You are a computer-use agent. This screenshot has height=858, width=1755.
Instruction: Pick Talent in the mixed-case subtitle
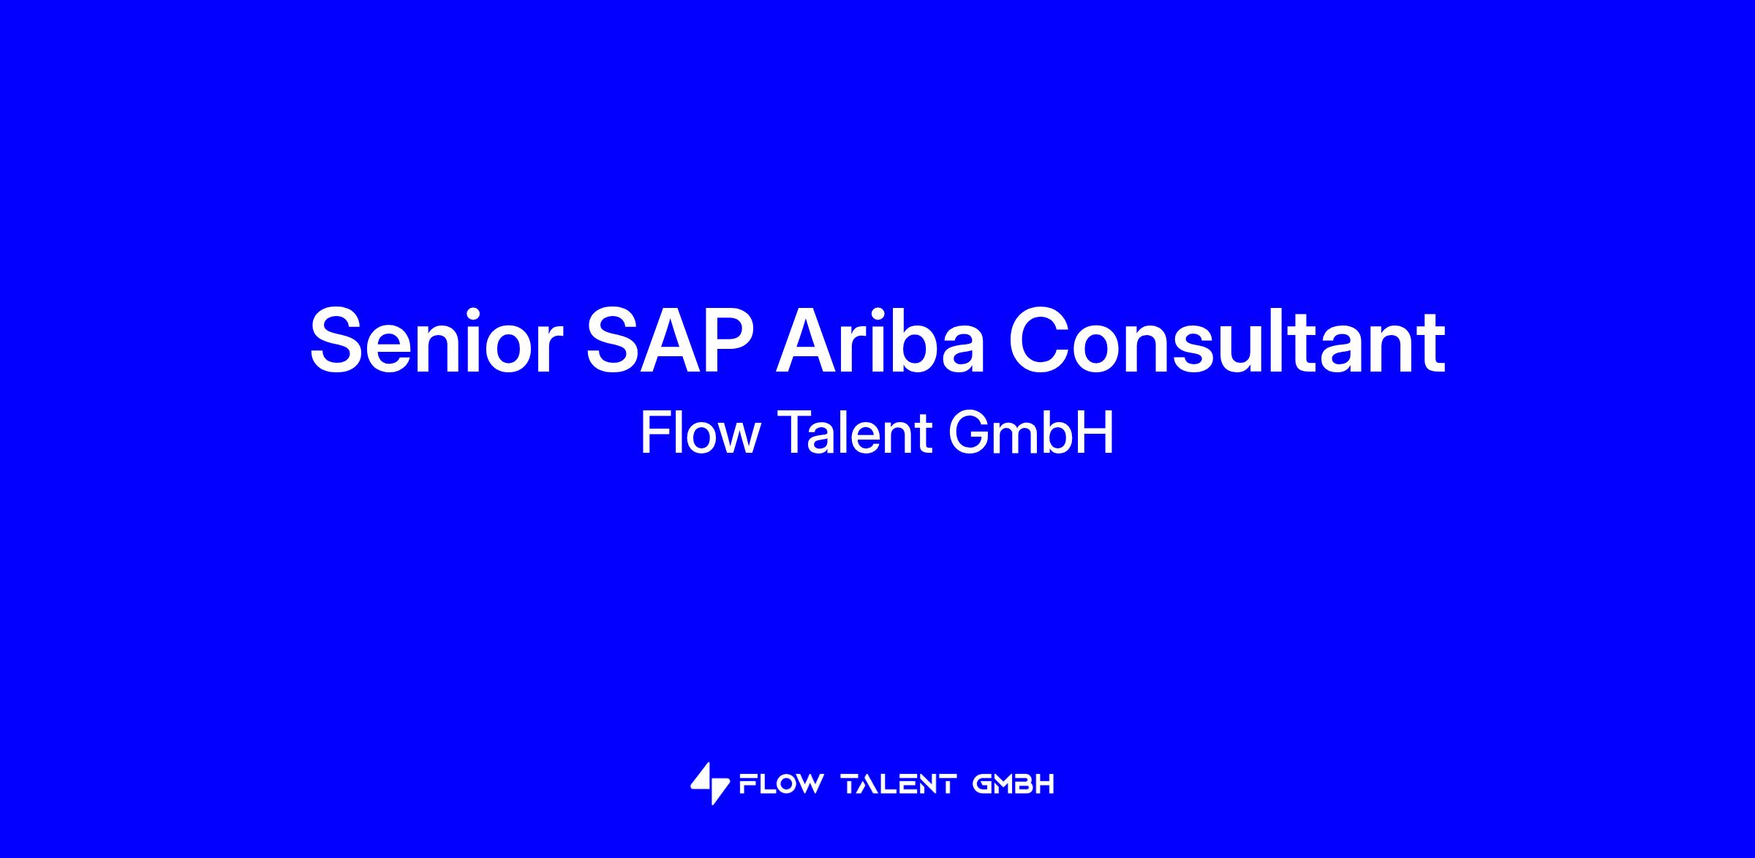tap(854, 432)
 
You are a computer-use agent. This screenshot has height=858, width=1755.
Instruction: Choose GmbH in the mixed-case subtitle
tap(1030, 432)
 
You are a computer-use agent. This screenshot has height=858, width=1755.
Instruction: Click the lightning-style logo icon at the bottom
tap(710, 784)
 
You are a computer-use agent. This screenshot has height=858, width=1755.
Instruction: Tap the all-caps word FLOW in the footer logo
tap(781, 785)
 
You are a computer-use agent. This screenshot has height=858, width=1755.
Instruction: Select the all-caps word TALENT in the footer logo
tap(899, 785)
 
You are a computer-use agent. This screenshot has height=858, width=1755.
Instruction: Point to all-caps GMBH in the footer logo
tap(1014, 785)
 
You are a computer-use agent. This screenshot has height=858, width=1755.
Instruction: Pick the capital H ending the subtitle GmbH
tap(1097, 432)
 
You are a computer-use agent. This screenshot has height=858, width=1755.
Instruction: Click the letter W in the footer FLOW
tap(808, 785)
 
